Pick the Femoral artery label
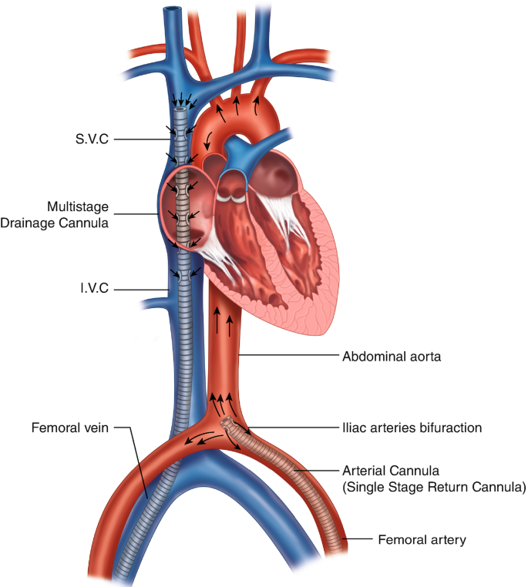422,540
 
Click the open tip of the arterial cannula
228,424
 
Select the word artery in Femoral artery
448,540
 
